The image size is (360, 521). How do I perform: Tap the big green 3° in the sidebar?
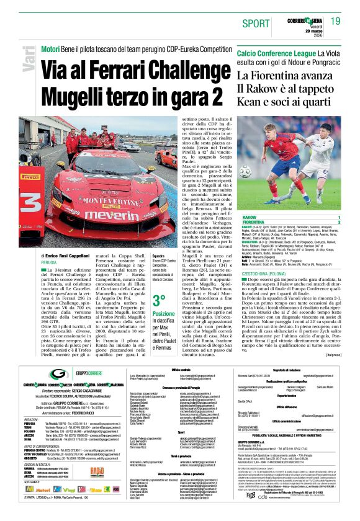(x=159, y=301)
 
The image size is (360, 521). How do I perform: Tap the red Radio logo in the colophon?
(x=97, y=471)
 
